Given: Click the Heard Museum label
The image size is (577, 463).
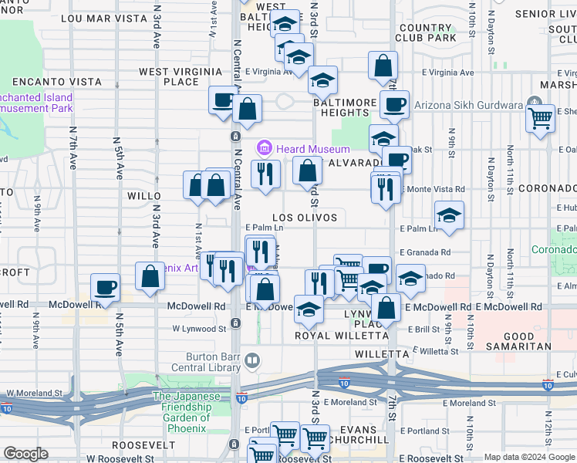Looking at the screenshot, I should (x=313, y=149).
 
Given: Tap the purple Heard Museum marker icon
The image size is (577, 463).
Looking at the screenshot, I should (x=265, y=147).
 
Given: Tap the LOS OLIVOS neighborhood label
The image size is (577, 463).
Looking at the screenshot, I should (x=304, y=218).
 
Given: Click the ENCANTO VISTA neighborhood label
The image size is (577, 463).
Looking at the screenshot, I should (x=55, y=81).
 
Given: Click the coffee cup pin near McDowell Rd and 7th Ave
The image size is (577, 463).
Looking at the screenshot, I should (x=105, y=287).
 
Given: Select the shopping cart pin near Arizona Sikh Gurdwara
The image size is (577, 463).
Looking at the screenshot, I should (x=541, y=118).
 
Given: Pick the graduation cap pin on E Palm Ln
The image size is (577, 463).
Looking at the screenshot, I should (x=449, y=215).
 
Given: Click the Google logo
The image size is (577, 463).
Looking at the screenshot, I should (x=25, y=454).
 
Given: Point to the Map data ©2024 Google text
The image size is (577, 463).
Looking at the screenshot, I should (x=529, y=457).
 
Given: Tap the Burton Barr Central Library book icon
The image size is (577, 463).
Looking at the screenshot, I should (x=252, y=360).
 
